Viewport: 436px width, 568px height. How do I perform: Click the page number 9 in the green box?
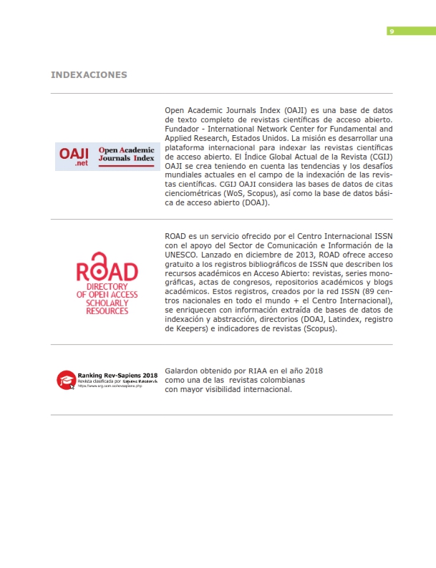coord(391,31)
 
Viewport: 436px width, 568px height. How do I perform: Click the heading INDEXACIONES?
coord(89,74)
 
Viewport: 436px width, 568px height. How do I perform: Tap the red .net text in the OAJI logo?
coord(80,164)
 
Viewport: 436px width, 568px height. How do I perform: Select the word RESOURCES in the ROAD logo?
coord(107,311)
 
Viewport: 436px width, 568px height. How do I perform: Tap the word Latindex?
coord(336,320)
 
